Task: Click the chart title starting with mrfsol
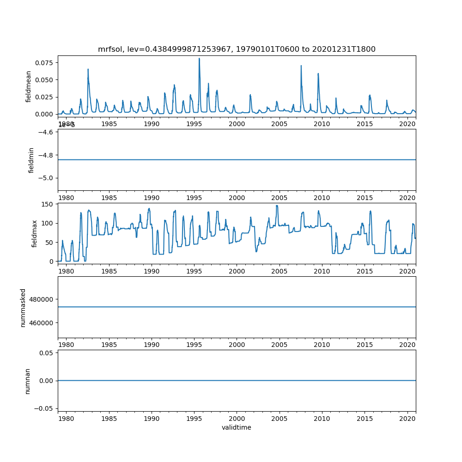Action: [237, 49]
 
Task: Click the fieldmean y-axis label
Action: [29, 86]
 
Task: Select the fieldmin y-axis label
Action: [31, 160]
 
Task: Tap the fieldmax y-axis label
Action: [34, 233]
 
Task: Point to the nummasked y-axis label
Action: [23, 307]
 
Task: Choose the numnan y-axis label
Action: [28, 380]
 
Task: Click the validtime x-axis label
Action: [237, 427]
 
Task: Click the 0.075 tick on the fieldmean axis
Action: [45, 62]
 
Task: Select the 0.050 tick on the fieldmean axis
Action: [45, 79]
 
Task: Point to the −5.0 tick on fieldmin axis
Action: [48, 178]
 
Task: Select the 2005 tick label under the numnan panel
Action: [280, 418]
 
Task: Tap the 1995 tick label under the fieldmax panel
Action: [194, 271]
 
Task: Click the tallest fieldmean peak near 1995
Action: [199, 59]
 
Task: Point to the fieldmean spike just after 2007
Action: [301, 66]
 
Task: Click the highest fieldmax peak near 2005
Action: [277, 206]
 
